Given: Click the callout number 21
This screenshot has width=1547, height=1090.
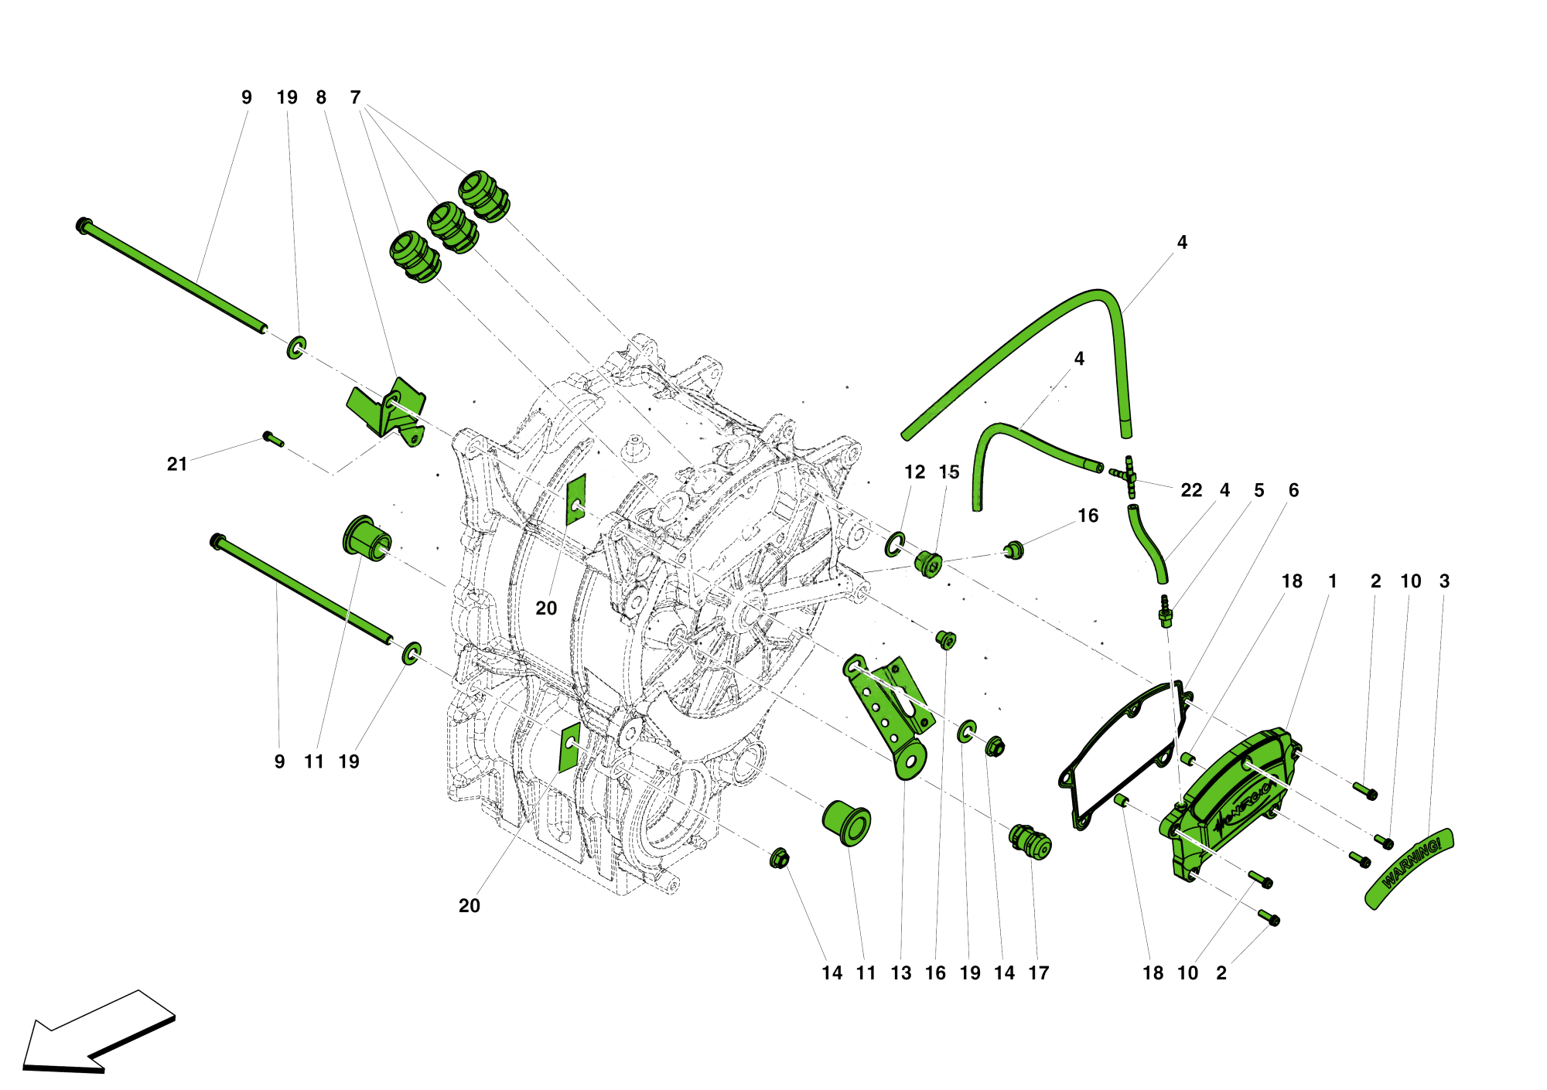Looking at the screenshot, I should click(x=177, y=464).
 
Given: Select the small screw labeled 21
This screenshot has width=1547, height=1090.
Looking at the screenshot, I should click(x=273, y=439).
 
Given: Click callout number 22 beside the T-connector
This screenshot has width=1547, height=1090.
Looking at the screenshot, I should click(x=1191, y=490).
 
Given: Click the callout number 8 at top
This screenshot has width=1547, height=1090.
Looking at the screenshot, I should click(x=321, y=97).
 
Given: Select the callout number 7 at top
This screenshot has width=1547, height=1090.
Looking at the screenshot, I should click(x=355, y=97).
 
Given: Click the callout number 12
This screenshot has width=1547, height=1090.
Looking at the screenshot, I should click(x=914, y=472).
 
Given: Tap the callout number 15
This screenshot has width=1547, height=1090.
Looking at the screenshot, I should click(x=949, y=472).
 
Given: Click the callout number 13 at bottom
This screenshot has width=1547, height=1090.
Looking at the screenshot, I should click(x=901, y=973).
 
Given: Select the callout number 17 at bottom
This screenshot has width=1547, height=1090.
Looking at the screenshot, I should click(x=1038, y=973).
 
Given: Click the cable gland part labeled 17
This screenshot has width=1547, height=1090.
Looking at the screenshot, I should click(x=1030, y=842).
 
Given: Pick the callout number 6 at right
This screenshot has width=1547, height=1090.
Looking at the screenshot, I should click(x=1293, y=490).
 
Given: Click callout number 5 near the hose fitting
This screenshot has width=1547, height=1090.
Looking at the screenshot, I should click(x=1259, y=490).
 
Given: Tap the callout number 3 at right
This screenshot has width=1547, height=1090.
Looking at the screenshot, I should click(x=1444, y=581).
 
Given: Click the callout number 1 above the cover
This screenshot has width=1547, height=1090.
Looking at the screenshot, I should click(x=1332, y=581).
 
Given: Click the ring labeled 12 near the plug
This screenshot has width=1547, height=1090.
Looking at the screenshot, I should click(x=896, y=544).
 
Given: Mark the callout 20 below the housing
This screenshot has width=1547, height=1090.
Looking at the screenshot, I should click(x=470, y=906).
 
